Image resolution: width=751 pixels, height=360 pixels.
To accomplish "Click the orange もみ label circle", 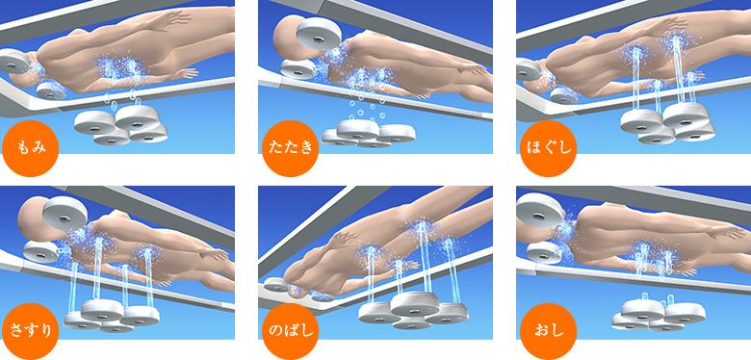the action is click(30, 149).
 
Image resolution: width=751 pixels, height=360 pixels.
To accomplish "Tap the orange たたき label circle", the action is click(290, 149).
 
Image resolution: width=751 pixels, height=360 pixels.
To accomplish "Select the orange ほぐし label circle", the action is click(548, 149).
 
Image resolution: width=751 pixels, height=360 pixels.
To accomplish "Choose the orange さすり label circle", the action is click(30, 331).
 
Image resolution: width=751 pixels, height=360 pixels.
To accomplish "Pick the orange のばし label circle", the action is click(290, 331).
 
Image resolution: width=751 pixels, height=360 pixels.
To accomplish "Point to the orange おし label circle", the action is click(548, 331).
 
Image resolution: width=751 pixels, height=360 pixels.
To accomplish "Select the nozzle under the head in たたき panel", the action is click(298, 69).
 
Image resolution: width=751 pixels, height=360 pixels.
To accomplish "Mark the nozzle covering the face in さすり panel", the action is click(65, 212).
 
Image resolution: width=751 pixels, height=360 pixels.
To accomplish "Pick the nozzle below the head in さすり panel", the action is click(40, 251).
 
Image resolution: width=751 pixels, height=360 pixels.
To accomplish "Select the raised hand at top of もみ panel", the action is click(175, 17).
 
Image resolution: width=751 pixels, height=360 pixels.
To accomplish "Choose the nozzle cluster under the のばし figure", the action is click(411, 309).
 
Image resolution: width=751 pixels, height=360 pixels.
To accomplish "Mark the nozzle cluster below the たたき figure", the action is click(368, 134).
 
